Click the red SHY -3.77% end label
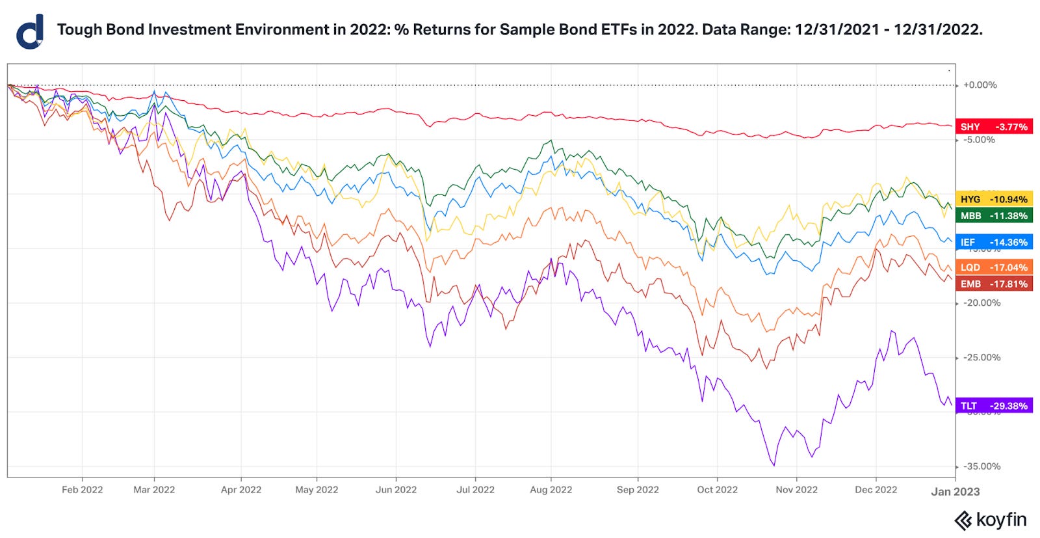(x=994, y=127)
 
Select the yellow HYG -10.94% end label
(x=994, y=199)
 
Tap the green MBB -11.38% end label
(x=994, y=216)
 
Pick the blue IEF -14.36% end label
(x=994, y=242)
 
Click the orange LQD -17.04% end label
(x=994, y=267)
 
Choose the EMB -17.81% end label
(x=994, y=284)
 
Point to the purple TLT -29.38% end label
(x=994, y=406)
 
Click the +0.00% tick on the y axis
(x=980, y=85)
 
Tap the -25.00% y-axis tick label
(x=981, y=358)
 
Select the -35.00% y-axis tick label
(x=981, y=466)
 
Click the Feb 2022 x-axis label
(x=82, y=490)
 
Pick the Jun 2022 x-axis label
(x=396, y=490)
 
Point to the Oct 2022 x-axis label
(x=717, y=490)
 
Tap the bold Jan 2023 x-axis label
(x=955, y=492)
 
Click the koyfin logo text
(x=1001, y=520)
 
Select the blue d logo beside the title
(x=30, y=32)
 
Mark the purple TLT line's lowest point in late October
(x=774, y=465)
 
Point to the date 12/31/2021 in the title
(x=837, y=30)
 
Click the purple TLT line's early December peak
(x=892, y=331)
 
